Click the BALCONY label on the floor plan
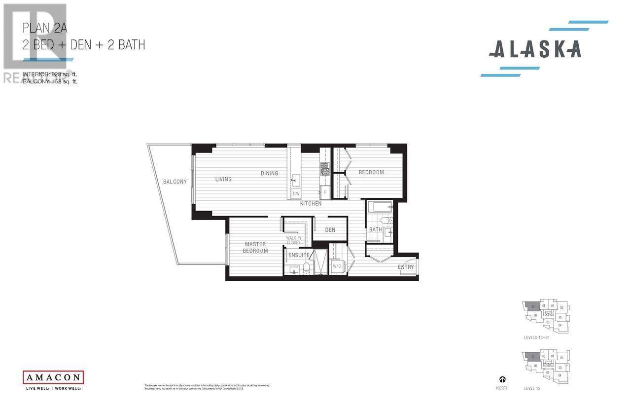click(175, 182)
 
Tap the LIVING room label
click(223, 179)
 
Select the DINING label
click(270, 173)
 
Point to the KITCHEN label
click(311, 203)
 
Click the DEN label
click(330, 230)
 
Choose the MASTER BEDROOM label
click(255, 248)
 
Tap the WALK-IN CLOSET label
click(293, 240)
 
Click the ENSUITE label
click(299, 255)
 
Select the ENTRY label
click(406, 267)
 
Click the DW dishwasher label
click(296, 194)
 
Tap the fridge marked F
click(325, 192)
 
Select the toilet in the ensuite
click(306, 268)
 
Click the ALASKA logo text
click(535, 49)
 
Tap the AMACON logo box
click(53, 377)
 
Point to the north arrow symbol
click(502, 379)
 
